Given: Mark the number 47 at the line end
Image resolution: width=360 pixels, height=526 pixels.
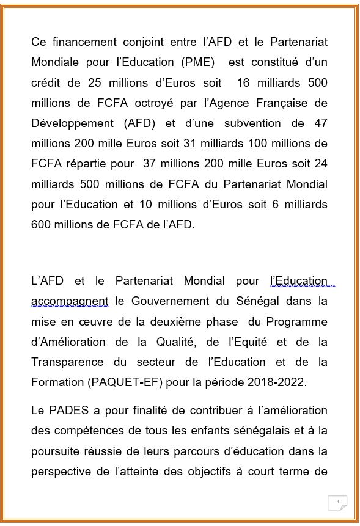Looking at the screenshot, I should [x=320, y=123].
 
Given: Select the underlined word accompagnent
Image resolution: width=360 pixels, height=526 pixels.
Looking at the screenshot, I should [x=70, y=301].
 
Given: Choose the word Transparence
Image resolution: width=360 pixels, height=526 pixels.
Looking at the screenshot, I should [x=68, y=362].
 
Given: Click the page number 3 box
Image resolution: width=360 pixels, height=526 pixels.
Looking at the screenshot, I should [x=337, y=502].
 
